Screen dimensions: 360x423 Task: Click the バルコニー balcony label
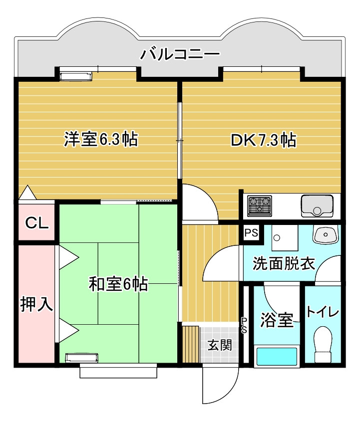click(x=180, y=54)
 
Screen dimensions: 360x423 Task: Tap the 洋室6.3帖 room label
click(x=101, y=139)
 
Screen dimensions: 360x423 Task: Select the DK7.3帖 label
click(x=263, y=140)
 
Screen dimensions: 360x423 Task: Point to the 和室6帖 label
click(x=118, y=284)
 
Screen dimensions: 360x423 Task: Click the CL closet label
click(x=37, y=223)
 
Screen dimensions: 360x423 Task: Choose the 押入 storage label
click(x=36, y=304)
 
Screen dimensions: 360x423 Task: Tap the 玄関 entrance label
click(x=220, y=345)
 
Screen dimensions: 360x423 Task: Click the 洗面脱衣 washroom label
click(x=284, y=263)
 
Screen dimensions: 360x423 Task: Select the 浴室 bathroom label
click(x=277, y=320)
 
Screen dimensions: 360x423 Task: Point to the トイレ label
click(x=323, y=312)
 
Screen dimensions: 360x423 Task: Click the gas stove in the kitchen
click(x=260, y=206)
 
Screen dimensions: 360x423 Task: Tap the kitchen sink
click(x=317, y=206)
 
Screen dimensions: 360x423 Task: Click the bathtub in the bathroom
click(x=277, y=356)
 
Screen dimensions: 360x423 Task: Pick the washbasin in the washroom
click(x=325, y=233)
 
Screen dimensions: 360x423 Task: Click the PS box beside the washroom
click(x=251, y=232)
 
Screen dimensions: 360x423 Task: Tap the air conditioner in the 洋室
click(x=75, y=76)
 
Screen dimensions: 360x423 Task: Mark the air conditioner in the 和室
click(x=82, y=358)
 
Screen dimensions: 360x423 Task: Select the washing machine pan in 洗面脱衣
click(x=285, y=237)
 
